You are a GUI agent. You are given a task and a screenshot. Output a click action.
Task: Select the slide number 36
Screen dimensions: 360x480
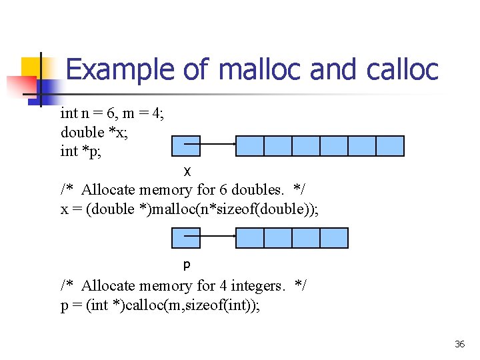coord(459,344)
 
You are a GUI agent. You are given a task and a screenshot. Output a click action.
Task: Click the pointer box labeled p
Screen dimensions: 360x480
coord(186,237)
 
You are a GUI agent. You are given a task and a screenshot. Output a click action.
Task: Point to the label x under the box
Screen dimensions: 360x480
coord(187,171)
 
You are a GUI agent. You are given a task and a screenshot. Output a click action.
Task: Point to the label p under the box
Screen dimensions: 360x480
coord(187,265)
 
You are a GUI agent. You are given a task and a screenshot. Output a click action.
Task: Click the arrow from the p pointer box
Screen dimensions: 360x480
coord(210,235)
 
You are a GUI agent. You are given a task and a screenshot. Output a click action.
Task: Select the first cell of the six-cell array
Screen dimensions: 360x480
coord(250,145)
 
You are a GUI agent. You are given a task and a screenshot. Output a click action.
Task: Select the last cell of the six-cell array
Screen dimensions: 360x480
coord(390,145)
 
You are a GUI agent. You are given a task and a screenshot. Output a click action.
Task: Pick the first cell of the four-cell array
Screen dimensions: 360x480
coord(250,237)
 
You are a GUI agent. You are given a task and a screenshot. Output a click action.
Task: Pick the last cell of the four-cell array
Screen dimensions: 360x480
coord(334,237)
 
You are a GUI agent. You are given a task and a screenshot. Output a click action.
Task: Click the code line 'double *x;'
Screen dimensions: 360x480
coord(94,132)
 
